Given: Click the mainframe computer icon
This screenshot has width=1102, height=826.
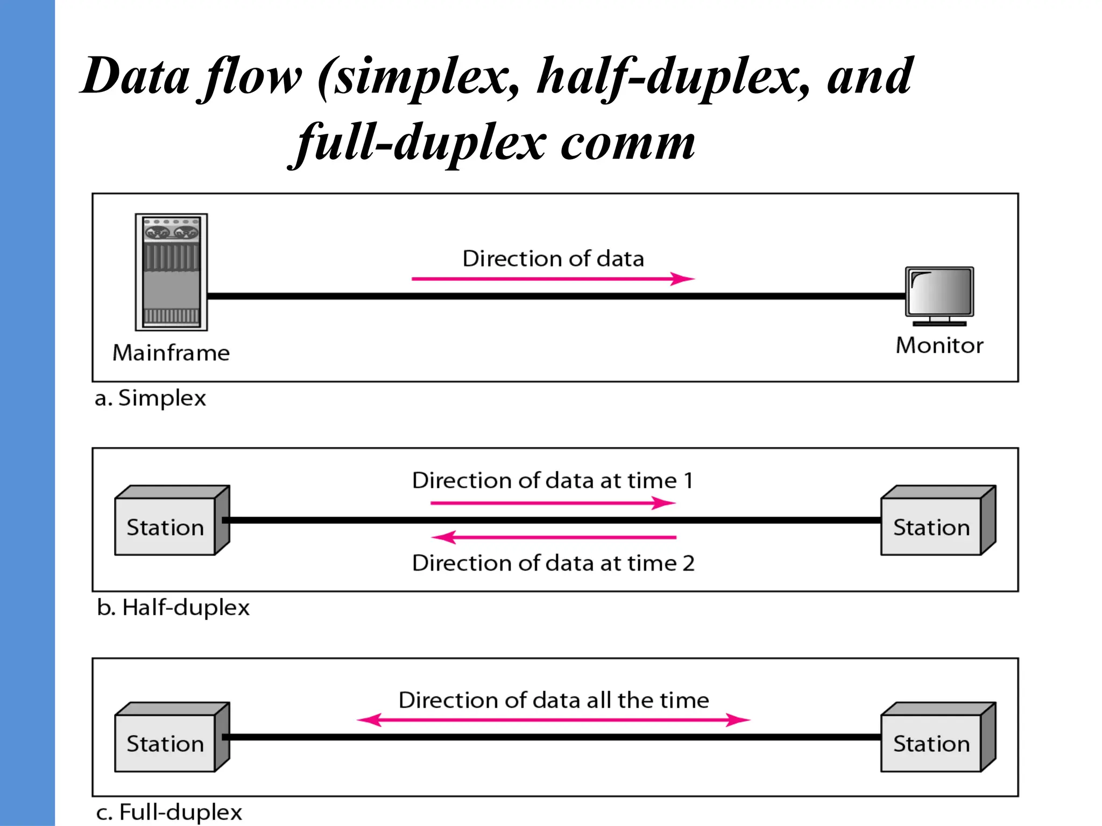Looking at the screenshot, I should tap(171, 272).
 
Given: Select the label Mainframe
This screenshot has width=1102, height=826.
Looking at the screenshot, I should tap(171, 353).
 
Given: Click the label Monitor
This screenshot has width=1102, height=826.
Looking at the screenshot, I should tap(939, 346).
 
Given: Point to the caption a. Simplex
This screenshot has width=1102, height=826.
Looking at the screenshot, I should tap(150, 398).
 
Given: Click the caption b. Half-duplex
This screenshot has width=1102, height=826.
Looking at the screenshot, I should tap(173, 608).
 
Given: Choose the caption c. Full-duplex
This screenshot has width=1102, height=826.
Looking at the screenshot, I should tap(169, 812).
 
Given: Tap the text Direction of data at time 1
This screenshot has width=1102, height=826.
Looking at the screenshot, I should tap(553, 480).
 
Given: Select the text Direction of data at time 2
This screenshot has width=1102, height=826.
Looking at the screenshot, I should tap(553, 563).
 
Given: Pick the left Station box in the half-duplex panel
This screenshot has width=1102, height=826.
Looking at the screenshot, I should tap(166, 526).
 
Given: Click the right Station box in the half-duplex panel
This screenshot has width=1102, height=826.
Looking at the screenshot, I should tap(931, 526).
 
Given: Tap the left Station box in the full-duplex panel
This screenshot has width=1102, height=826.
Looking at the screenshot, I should tap(166, 743).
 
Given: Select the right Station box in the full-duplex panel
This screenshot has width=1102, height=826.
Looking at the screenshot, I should tap(931, 743).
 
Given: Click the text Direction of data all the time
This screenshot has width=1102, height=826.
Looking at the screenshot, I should tap(554, 700).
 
